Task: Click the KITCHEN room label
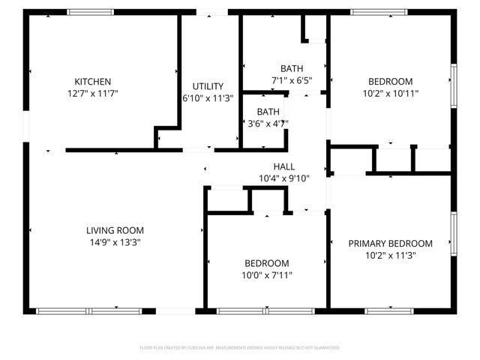(x=92, y=82)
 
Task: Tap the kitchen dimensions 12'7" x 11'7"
(x=92, y=94)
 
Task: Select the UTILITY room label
(x=208, y=86)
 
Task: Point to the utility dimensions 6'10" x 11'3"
(x=208, y=98)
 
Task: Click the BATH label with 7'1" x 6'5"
(x=292, y=68)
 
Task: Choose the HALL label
(x=283, y=166)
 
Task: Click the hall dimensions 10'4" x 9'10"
(x=283, y=178)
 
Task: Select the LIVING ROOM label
(x=114, y=230)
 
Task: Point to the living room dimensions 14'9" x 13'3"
(x=114, y=242)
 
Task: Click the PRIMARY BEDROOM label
(x=390, y=244)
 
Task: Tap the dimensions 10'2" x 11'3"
(x=390, y=256)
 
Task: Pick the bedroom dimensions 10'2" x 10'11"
(x=390, y=94)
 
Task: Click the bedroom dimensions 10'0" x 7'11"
(x=266, y=275)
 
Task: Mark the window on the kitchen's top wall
(x=90, y=12)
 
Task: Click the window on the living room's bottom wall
(x=88, y=310)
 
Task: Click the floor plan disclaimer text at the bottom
(x=240, y=348)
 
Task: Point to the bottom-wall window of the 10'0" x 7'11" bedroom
(x=265, y=310)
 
